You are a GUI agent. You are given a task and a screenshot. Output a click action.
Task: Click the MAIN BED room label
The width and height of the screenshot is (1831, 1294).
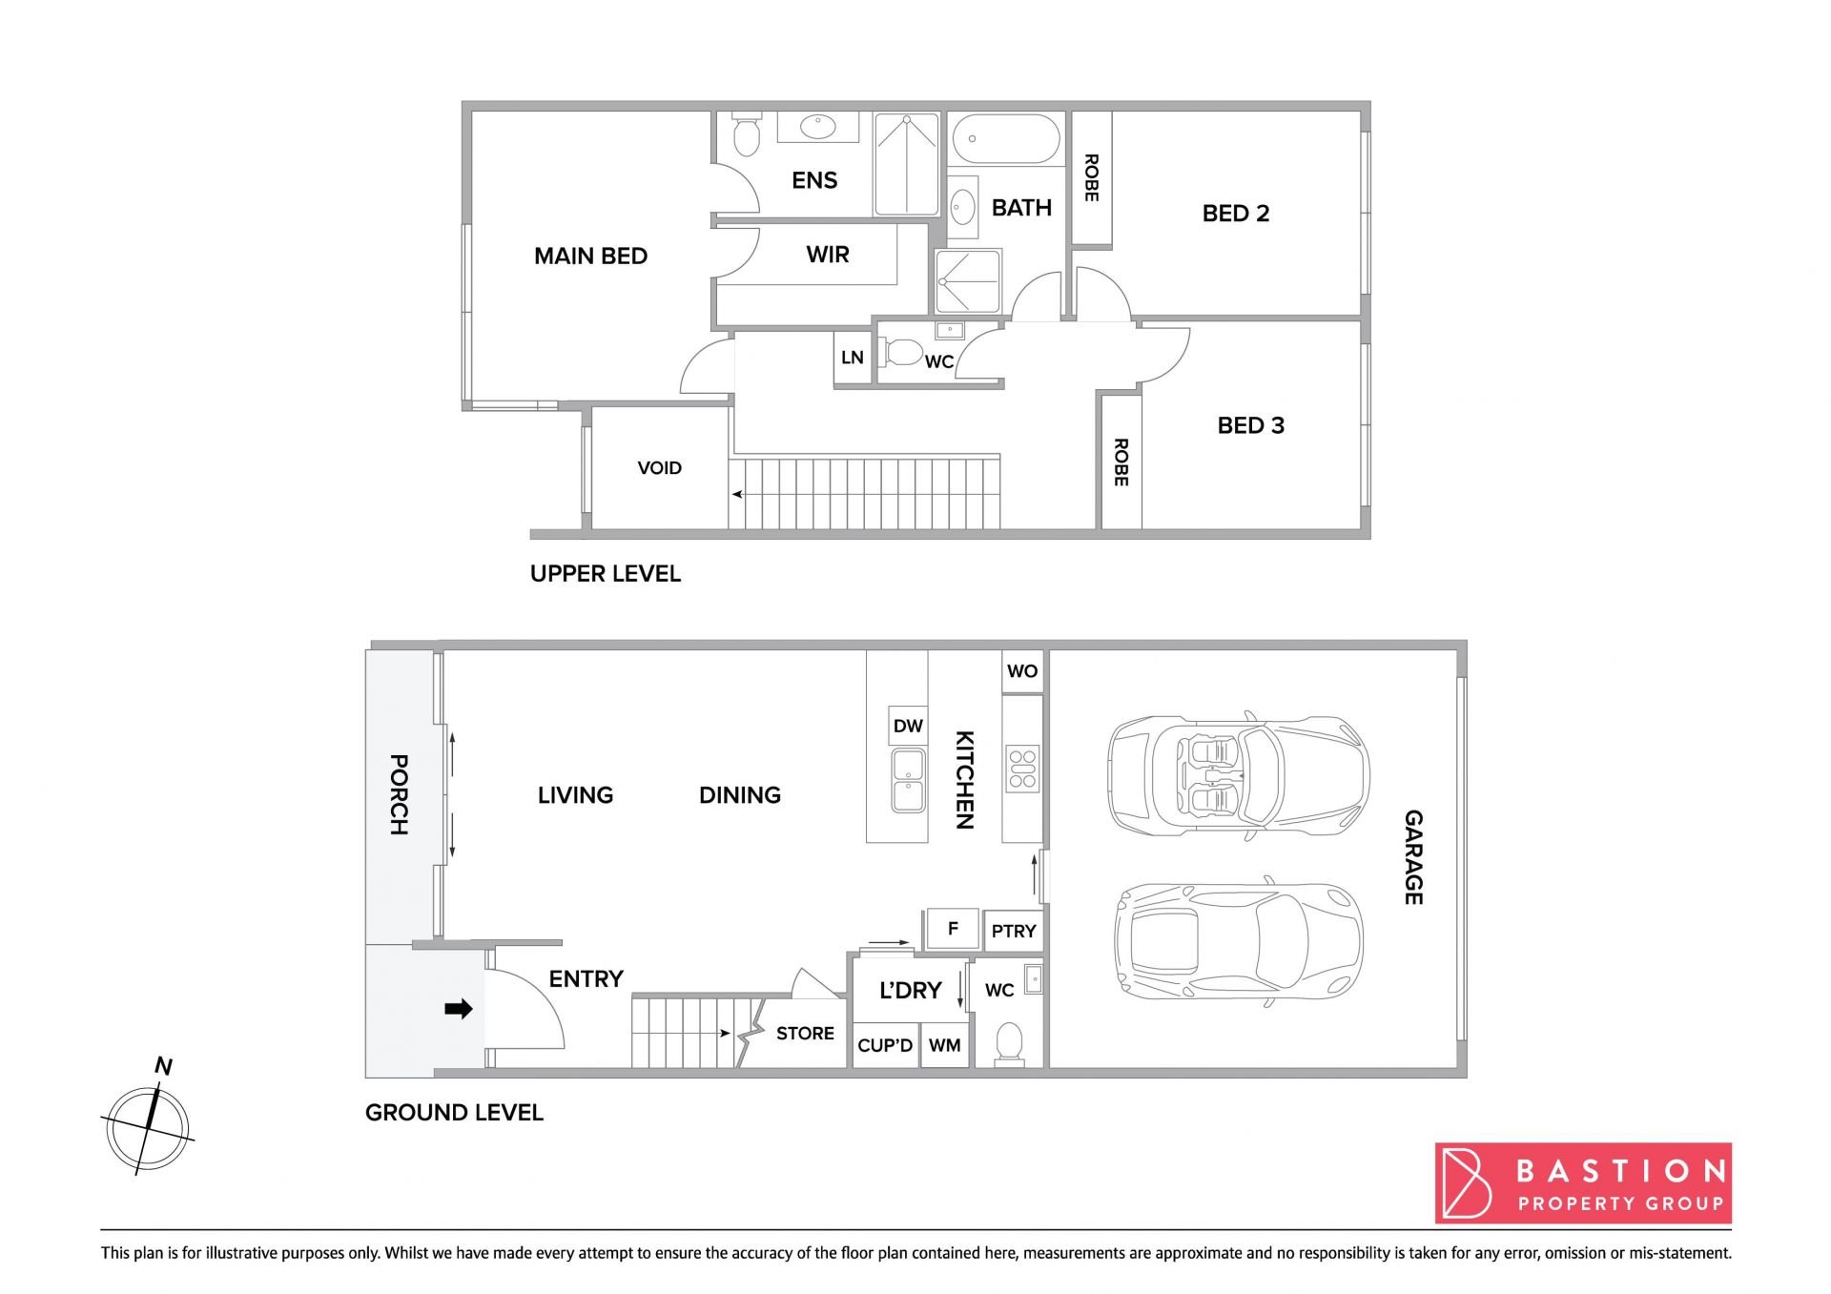click(x=590, y=256)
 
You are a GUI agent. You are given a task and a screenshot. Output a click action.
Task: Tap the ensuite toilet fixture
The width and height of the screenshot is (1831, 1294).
click(x=747, y=134)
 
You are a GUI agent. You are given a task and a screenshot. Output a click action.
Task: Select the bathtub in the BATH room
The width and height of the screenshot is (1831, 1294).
click(x=1006, y=139)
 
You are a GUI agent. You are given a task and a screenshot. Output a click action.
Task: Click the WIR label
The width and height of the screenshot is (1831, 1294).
click(x=827, y=255)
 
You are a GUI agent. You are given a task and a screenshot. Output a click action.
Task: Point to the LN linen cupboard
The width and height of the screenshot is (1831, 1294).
click(x=853, y=358)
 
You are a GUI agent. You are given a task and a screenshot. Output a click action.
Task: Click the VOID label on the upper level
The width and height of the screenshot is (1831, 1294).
click(x=660, y=468)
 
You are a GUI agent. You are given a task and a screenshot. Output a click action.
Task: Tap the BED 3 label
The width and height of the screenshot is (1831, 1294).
click(x=1250, y=425)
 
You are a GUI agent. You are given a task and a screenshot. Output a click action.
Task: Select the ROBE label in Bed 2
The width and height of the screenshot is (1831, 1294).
click(x=1092, y=178)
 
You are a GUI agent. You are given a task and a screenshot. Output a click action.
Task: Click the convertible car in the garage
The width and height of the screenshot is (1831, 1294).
click(x=1238, y=774)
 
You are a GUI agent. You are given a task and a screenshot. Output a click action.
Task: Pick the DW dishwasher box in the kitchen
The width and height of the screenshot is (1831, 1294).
click(x=908, y=727)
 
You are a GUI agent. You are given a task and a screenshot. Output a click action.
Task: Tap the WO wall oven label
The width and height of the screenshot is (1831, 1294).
click(x=1022, y=671)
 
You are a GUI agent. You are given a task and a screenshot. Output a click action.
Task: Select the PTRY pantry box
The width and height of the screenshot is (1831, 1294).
click(x=1013, y=931)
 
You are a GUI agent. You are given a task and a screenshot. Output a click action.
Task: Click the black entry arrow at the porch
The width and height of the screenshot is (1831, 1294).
click(x=459, y=1009)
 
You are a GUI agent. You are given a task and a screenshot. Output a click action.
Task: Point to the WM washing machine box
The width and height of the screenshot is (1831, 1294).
click(x=945, y=1045)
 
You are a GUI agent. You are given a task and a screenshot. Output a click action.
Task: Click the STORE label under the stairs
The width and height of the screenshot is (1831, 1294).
click(x=805, y=1034)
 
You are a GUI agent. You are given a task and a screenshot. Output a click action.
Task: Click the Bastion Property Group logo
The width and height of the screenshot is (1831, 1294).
click(x=1583, y=1183)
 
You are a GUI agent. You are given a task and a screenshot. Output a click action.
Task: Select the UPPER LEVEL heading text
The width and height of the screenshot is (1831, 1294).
click(x=606, y=574)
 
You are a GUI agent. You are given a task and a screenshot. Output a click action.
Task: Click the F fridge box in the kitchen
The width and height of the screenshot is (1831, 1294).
click(x=952, y=929)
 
